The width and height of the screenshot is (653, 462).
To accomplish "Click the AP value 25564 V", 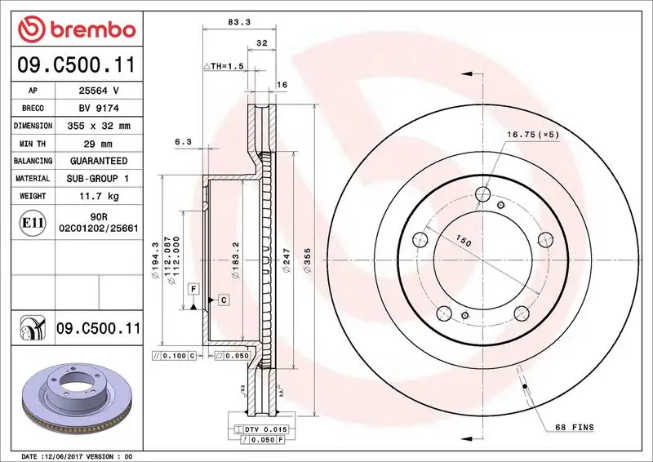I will pyautogui.click(x=98, y=91).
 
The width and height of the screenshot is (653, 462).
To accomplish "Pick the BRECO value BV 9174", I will pyautogui.click(x=98, y=108).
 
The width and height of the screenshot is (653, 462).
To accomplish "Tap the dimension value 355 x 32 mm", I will pyautogui.click(x=98, y=126).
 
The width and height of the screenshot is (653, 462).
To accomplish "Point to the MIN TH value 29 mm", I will pyautogui.click(x=98, y=144).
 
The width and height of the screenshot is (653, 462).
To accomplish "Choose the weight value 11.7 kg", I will pyautogui.click(x=98, y=196).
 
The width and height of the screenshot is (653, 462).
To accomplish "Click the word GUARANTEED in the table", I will pyautogui.click(x=98, y=161).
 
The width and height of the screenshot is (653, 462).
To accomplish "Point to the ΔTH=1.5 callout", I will pyautogui.click(x=224, y=65).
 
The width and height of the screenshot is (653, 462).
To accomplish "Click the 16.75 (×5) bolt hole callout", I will pyautogui.click(x=532, y=135).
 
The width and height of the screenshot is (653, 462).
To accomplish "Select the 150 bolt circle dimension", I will pyautogui.click(x=464, y=242).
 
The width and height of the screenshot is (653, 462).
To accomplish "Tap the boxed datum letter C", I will pyautogui.click(x=223, y=300).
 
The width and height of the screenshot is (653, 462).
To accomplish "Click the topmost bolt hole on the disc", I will pyautogui.click(x=482, y=194).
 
